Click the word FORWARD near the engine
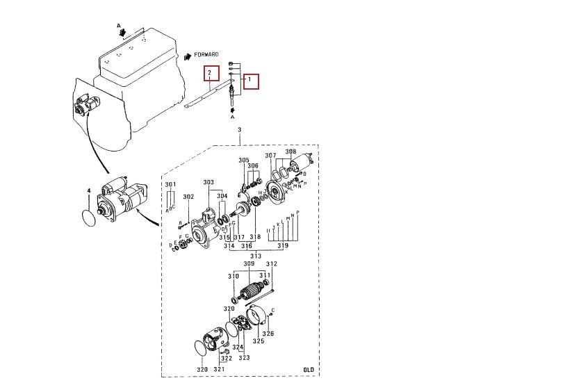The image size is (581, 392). pyautogui.click(x=206, y=54)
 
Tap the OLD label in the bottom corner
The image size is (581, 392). pyautogui.click(x=309, y=369)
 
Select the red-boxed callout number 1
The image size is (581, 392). pyautogui.click(x=250, y=81)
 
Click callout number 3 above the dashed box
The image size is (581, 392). pyautogui.click(x=239, y=130)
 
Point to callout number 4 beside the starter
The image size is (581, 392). pyautogui.click(x=88, y=190)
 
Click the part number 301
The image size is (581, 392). pyautogui.click(x=170, y=184)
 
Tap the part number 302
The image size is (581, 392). pyautogui.click(x=188, y=197)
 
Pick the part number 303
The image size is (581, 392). pyautogui.click(x=208, y=182)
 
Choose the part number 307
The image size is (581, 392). pyautogui.click(x=270, y=155)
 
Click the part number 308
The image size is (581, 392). pyautogui.click(x=290, y=152)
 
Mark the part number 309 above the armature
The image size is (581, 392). pyautogui.click(x=249, y=264)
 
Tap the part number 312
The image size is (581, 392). pyautogui.click(x=272, y=264)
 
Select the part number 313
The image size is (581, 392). pyautogui.click(x=256, y=256)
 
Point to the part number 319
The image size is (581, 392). pyautogui.click(x=283, y=246)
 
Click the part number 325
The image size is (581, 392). pyautogui.click(x=258, y=341)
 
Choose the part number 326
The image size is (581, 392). pyautogui.click(x=268, y=334)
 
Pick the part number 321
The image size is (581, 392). pyautogui.click(x=219, y=369)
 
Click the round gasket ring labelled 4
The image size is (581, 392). pyautogui.click(x=88, y=217)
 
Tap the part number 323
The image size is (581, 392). pyautogui.click(x=244, y=357)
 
